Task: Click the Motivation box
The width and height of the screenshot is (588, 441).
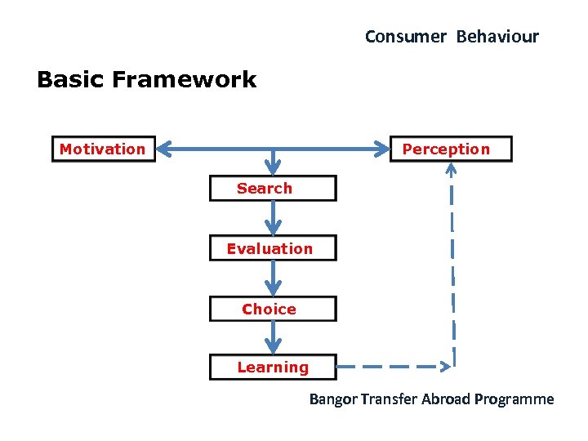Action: [103, 149]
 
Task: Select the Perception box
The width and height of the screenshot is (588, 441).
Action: [451, 149]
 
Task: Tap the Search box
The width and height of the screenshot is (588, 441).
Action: [273, 189]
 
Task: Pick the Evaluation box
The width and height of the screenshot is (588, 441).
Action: [273, 248]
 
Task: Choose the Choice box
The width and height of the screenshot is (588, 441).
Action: [273, 309]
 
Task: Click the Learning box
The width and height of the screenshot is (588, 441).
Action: [273, 367]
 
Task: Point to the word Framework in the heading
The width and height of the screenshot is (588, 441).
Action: [184, 79]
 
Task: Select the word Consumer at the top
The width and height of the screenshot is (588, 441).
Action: [405, 37]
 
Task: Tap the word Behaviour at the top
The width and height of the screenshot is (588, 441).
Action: [497, 37]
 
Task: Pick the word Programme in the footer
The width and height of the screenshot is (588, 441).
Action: [516, 399]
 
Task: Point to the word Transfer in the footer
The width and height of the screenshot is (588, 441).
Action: [389, 399]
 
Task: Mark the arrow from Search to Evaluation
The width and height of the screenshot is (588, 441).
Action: [273, 218]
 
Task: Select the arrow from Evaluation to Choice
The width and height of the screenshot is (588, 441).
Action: [273, 278]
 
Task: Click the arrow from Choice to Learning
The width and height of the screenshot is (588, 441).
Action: [273, 338]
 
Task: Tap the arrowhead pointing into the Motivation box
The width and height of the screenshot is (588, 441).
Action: [164, 149]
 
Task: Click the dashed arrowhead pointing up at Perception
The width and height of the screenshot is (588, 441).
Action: [452, 170]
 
